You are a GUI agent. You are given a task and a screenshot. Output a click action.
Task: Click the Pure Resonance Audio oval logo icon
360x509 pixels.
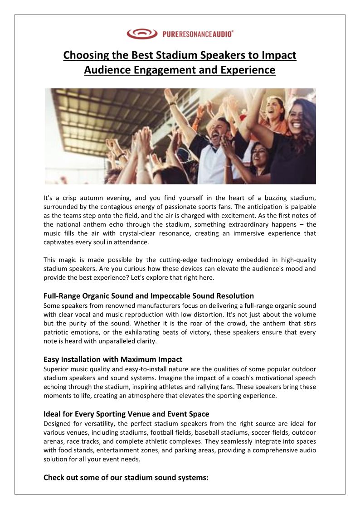[x=141, y=34]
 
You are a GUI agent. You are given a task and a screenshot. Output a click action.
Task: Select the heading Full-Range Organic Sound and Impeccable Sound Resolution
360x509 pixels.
[x=149, y=296]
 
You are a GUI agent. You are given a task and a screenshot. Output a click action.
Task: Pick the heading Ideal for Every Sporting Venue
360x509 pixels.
[x=126, y=414]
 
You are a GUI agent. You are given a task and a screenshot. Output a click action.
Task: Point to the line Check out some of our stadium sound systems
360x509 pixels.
[x=126, y=477]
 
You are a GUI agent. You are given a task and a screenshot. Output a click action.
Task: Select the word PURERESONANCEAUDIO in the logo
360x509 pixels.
[x=198, y=34]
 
